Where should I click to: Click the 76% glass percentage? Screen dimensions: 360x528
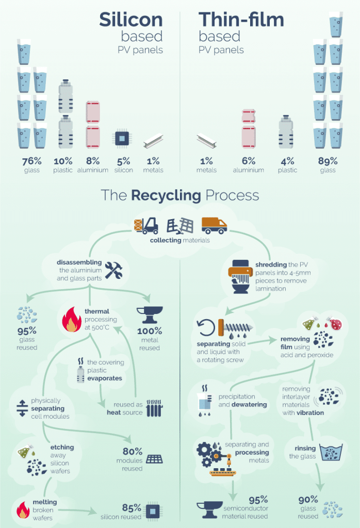(x=31, y=161)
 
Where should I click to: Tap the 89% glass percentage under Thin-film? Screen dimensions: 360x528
(x=328, y=161)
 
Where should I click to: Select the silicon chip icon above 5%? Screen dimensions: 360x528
(x=122, y=138)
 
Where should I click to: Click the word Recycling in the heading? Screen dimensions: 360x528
(x=166, y=195)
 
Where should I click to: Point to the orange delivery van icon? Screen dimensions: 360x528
(x=214, y=225)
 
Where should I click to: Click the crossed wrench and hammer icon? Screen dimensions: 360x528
(x=113, y=270)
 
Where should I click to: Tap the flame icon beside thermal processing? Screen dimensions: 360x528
(x=72, y=319)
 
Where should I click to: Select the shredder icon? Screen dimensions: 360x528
(x=240, y=276)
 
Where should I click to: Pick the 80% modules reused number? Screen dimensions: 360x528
(x=133, y=451)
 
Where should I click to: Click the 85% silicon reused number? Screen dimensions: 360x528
(x=132, y=507)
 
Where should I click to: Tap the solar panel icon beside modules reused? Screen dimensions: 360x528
(x=155, y=459)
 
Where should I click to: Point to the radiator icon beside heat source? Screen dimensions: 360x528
(x=155, y=408)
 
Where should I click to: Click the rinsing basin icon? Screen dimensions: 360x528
(x=331, y=452)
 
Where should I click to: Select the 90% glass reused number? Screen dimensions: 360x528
(x=308, y=500)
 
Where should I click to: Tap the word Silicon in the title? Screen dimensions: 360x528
(x=131, y=20)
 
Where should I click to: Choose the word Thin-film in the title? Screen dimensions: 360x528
(x=241, y=20)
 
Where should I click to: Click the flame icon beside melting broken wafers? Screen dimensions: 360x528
(x=23, y=509)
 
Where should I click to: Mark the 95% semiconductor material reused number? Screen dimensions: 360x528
(x=258, y=500)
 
